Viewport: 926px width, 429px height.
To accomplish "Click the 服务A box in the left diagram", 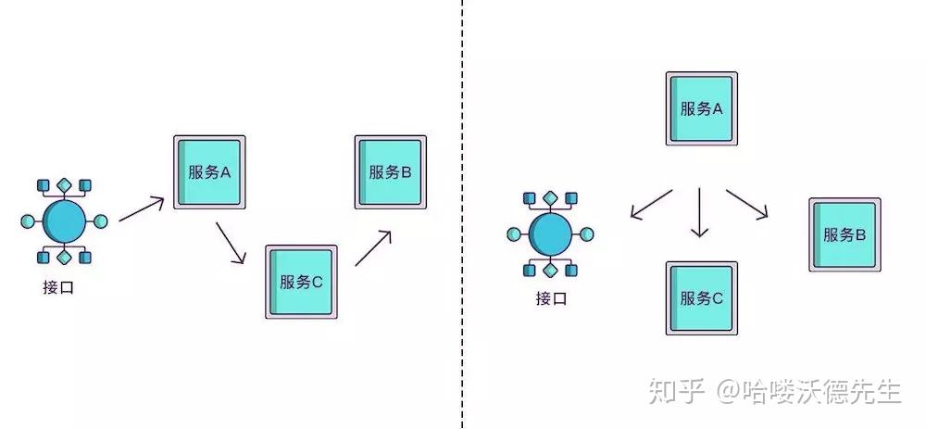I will [208, 172].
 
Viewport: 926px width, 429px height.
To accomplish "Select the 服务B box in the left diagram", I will [390, 171].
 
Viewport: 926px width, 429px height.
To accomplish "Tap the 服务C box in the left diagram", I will [301, 282].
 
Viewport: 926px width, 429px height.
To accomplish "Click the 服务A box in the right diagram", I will [701, 108].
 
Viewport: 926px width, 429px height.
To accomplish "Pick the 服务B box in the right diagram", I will [845, 234].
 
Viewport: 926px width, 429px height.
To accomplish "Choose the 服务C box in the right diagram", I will [701, 298].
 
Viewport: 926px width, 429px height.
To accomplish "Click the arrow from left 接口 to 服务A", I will [142, 208].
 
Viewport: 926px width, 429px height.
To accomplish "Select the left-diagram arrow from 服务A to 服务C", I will [231, 243].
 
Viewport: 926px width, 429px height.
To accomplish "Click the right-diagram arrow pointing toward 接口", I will [651, 204].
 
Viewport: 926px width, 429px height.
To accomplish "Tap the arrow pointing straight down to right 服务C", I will [700, 213].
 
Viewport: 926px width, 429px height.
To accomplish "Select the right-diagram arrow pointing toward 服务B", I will [747, 204].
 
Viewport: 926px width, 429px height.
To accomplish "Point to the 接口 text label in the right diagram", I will [550, 298].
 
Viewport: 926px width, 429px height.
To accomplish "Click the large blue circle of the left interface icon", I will [65, 221].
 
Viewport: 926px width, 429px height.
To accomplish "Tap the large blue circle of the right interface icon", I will [551, 233].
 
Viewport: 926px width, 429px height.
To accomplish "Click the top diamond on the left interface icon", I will [65, 185].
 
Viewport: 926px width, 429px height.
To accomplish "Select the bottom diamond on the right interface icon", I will [551, 270].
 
